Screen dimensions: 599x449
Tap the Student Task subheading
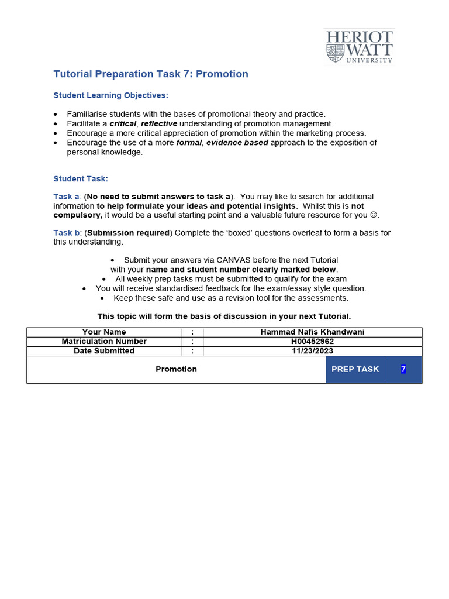(81, 178)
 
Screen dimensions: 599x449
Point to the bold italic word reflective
(158, 123)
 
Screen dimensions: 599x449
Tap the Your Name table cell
(104, 332)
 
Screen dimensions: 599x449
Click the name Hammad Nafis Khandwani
(312, 332)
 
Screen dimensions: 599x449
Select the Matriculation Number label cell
(104, 342)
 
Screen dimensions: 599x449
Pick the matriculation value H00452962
(312, 342)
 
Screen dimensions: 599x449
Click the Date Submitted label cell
(104, 351)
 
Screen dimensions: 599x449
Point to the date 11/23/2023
(312, 351)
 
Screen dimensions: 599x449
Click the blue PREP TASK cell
(355, 369)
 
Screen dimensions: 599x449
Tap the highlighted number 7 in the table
(403, 369)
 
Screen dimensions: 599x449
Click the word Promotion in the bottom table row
(176, 369)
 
